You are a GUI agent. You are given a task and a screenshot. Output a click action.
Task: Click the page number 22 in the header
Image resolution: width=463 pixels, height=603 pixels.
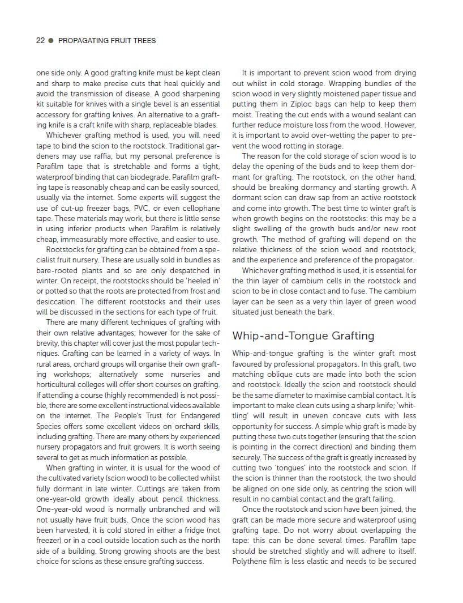pos(40,40)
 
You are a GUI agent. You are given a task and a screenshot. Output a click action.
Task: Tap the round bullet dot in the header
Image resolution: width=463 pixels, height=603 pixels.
pos(51,40)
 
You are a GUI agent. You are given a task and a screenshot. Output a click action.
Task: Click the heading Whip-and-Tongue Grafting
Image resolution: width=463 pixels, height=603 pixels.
pos(303,336)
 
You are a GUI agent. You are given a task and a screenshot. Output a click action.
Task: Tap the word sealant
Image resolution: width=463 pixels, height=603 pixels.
pos(391,114)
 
